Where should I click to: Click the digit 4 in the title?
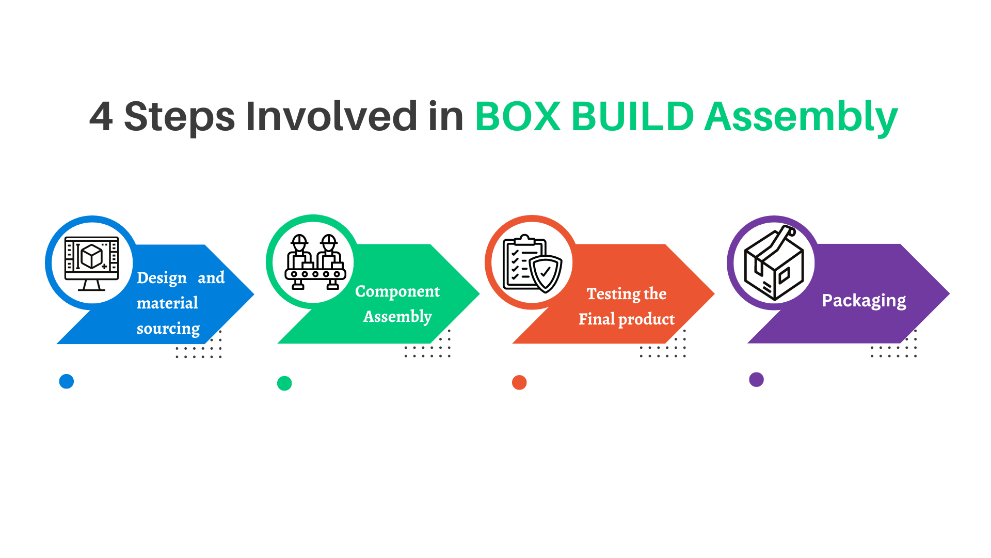click(101, 117)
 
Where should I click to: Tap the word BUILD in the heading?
click(633, 117)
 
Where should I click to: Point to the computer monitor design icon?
click(91, 262)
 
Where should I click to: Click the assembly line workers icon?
click(315, 261)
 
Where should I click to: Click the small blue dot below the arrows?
click(67, 381)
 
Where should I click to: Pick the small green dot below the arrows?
click(284, 383)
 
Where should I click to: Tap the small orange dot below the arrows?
click(519, 382)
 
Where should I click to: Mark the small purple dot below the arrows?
click(756, 380)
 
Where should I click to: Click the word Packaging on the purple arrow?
click(864, 301)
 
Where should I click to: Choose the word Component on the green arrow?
click(397, 291)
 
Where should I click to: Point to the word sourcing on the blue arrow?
click(168, 329)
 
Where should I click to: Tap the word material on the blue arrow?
click(167, 303)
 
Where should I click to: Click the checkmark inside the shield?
click(545, 271)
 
